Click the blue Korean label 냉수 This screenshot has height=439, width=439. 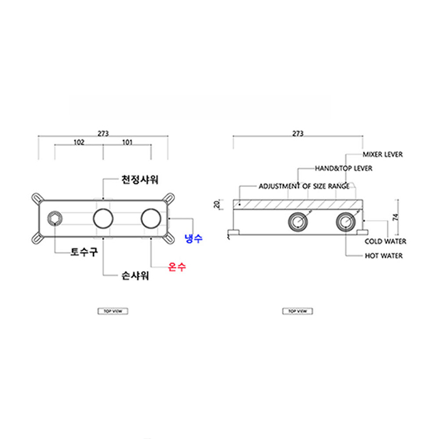click(x=193, y=238)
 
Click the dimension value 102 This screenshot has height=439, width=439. click(x=79, y=142)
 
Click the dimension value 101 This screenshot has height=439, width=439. click(x=127, y=142)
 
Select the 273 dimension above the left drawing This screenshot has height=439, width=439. click(x=103, y=133)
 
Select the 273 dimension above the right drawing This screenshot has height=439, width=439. click(x=297, y=133)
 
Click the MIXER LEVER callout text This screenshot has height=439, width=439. click(x=383, y=154)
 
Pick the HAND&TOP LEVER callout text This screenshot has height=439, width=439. click(x=343, y=169)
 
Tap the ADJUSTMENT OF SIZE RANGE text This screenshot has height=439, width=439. click(x=304, y=187)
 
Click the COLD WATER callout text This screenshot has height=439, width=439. click(x=385, y=241)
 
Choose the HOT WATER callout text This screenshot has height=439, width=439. click(x=384, y=256)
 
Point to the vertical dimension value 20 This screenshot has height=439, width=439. click(x=216, y=204)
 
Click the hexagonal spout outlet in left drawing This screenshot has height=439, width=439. click(x=55, y=219)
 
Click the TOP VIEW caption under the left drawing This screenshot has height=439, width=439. click(x=112, y=311)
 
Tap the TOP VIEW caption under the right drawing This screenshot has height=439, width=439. click(x=297, y=311)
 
